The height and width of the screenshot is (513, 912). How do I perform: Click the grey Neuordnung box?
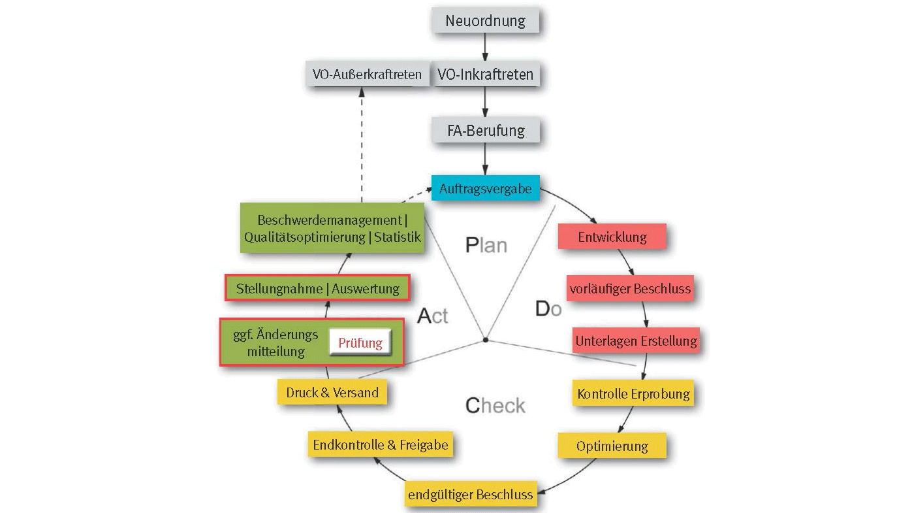click(x=485, y=20)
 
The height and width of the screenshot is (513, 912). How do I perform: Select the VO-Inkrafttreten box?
click(x=485, y=74)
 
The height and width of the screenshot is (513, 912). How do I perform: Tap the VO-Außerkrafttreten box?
click(x=367, y=74)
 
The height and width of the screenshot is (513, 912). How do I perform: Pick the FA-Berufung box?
click(x=485, y=130)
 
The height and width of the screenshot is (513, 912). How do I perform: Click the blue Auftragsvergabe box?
click(x=485, y=189)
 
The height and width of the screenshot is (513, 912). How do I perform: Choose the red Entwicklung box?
click(x=612, y=237)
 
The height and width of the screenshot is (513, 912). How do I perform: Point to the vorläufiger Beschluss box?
click(x=629, y=288)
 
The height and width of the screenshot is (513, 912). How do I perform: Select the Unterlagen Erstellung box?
click(x=636, y=340)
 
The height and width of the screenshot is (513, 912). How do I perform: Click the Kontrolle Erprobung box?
click(x=633, y=393)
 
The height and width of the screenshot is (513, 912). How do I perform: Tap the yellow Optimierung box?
click(x=612, y=446)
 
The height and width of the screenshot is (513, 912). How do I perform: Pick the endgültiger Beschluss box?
click(x=470, y=494)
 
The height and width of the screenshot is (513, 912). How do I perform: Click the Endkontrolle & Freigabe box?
click(x=381, y=445)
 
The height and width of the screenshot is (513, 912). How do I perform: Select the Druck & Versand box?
click(x=332, y=393)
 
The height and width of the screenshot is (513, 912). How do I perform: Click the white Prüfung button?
click(x=360, y=342)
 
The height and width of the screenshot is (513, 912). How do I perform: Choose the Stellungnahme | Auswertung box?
click(x=317, y=288)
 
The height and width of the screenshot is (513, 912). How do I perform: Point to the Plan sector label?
click(x=486, y=245)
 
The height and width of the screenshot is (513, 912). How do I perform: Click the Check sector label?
click(x=495, y=406)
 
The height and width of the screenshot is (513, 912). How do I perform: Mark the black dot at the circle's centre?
click(x=485, y=340)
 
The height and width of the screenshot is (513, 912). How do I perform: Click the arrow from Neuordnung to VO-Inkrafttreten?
click(x=485, y=47)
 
